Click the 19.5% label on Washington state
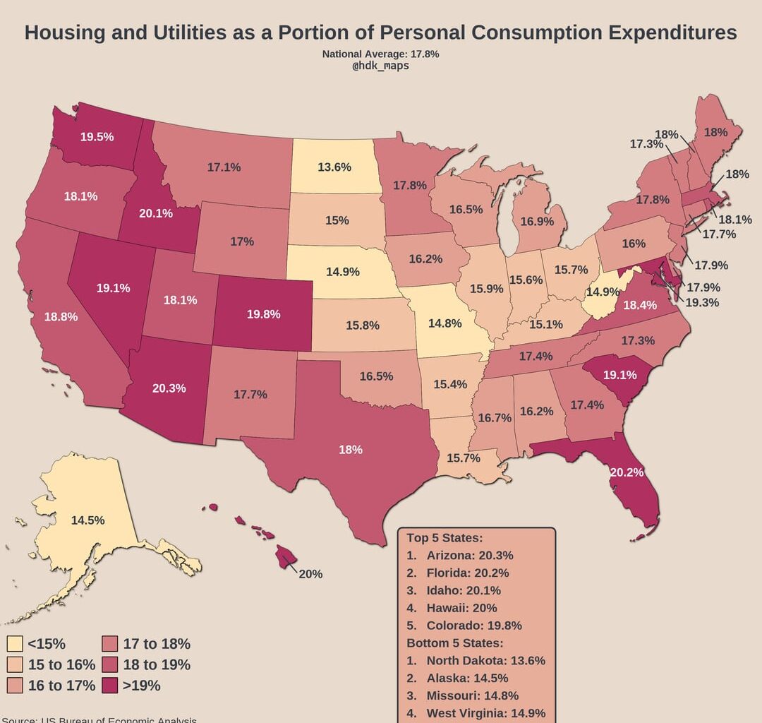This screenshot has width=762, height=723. coord(97,137)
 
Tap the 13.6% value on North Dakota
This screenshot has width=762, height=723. coord(334,167)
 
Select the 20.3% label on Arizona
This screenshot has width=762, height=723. coord(169,388)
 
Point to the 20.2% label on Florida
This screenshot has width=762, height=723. coord(627,472)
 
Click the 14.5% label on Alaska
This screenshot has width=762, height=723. coord(88,520)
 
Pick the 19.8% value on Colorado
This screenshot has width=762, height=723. coord(263,313)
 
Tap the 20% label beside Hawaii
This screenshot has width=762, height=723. coord(310,574)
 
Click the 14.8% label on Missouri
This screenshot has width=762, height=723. coord(445,323)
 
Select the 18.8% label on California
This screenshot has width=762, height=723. coord(61,317)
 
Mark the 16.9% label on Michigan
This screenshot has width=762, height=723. coord(537,221)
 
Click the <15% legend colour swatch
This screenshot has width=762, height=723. coord(14,644)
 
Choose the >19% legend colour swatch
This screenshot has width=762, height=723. coord(109,685)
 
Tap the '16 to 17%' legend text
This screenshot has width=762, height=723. coord(61,685)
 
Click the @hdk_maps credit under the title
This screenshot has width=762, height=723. coord(380,66)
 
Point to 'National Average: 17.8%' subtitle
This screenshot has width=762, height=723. coord(380,54)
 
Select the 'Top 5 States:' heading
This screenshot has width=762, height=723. coord(445,537)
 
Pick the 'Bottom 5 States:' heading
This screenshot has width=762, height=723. coord(454,643)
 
